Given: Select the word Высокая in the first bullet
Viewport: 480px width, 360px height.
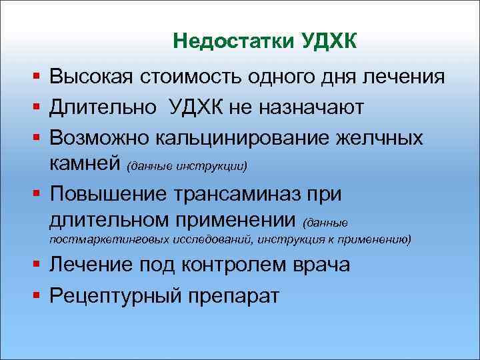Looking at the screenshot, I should (x=92, y=77).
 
